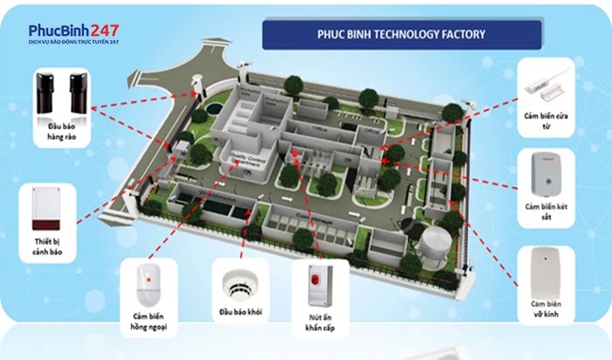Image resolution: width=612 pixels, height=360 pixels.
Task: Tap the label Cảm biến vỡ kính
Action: point(546,308)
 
